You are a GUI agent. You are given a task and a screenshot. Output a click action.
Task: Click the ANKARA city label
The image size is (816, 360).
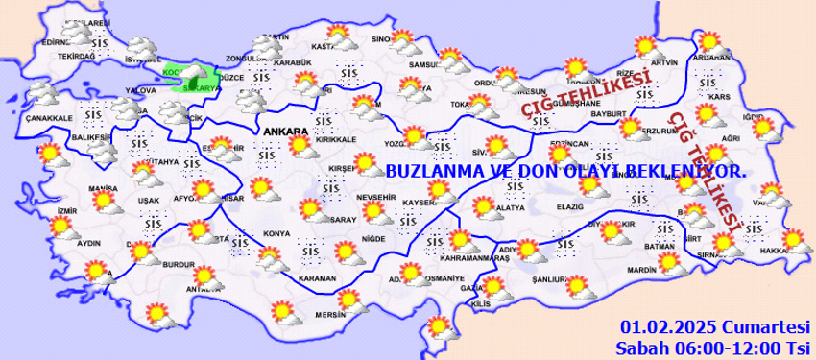tap(283, 131)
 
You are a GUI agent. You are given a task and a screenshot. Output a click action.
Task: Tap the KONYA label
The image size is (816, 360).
tap(277, 234)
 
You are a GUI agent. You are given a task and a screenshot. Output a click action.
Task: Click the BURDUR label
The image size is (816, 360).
tap(180, 263)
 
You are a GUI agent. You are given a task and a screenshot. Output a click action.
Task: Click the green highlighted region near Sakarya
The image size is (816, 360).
tap(195, 75)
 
